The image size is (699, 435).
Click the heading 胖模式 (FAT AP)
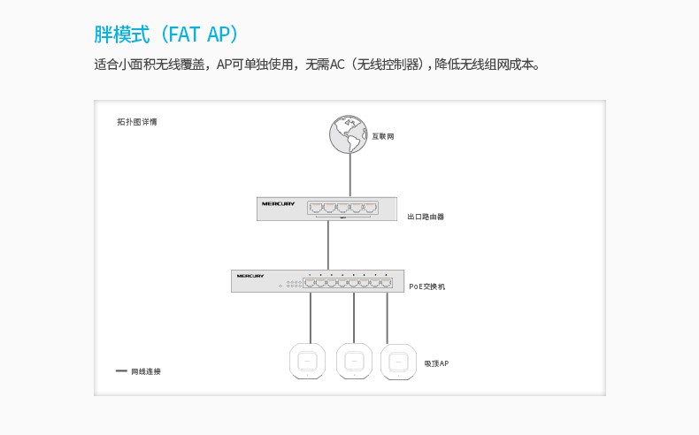[166, 34]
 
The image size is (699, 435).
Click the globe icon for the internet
[348, 134]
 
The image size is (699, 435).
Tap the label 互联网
[383, 136]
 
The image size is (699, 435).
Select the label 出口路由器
[426, 217]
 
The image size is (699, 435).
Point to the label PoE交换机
[427, 286]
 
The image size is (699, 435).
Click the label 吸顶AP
[436, 363]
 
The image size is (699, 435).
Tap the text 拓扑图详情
[137, 122]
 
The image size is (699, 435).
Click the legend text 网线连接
[146, 371]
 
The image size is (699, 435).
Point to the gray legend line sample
[121, 370]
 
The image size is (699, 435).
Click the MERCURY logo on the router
[278, 204]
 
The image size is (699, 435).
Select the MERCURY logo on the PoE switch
[250, 276]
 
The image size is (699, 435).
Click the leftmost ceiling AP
[307, 361]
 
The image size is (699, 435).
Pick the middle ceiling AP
[354, 361]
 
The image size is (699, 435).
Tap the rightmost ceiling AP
[398, 362]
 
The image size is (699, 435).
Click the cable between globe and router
[350, 175]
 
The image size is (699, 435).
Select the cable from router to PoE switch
[328, 245]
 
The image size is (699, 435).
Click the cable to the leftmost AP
[311, 318]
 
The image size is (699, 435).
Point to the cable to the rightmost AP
[387, 318]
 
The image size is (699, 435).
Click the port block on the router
[342, 208]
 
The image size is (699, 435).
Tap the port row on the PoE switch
[348, 283]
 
